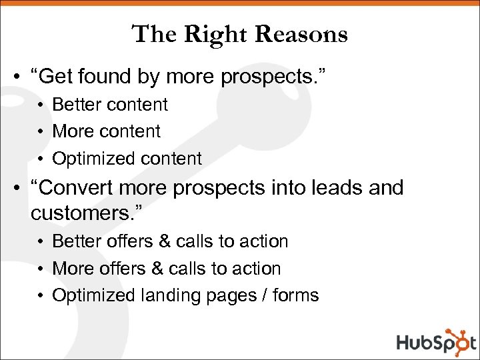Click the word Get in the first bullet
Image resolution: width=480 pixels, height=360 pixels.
point(55,77)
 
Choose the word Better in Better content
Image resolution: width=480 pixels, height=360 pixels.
point(75,105)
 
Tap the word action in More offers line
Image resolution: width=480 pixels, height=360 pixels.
point(257,269)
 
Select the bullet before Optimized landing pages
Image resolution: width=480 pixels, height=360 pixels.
point(41,296)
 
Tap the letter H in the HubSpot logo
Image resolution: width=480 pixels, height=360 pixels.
point(405,343)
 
